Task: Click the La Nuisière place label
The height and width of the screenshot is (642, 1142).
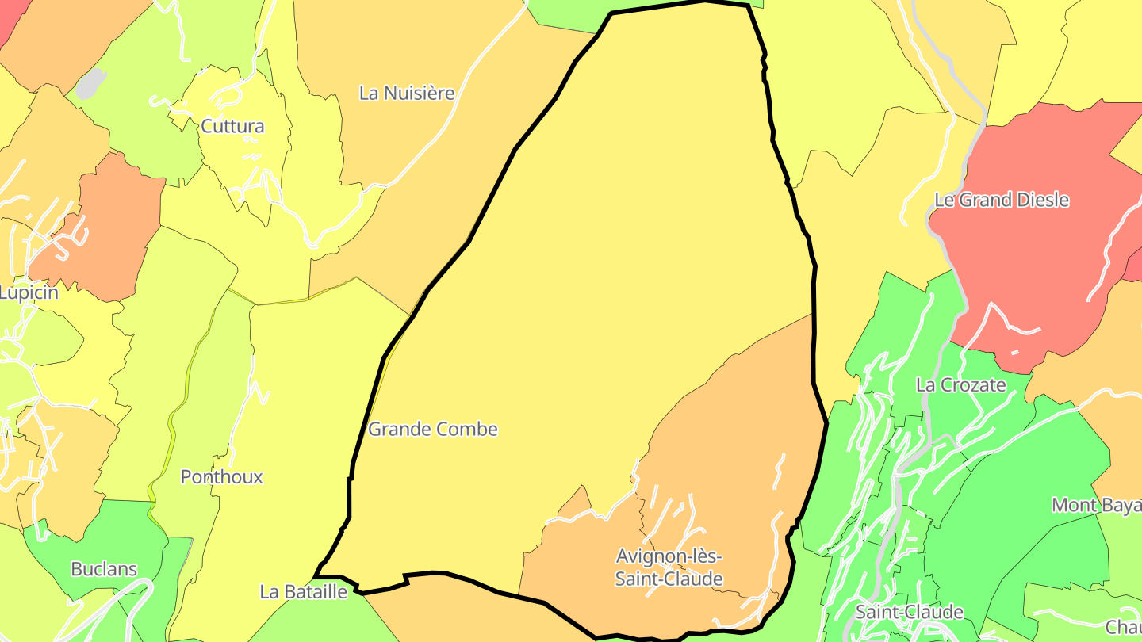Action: click(407, 94)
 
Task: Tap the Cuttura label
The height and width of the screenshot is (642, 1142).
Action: click(232, 127)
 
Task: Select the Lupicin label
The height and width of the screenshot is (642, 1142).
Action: click(29, 293)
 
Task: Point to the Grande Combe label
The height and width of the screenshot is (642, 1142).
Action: click(433, 430)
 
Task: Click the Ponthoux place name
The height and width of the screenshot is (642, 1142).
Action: click(221, 477)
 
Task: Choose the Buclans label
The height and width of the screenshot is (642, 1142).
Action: click(104, 569)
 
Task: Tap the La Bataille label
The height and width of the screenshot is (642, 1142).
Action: click(304, 592)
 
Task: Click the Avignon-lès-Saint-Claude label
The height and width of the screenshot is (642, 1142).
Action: click(669, 567)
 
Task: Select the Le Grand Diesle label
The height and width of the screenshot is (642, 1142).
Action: click(1002, 201)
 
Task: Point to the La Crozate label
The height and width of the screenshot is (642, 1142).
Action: click(960, 386)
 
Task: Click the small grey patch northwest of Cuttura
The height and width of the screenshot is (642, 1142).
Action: click(92, 82)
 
